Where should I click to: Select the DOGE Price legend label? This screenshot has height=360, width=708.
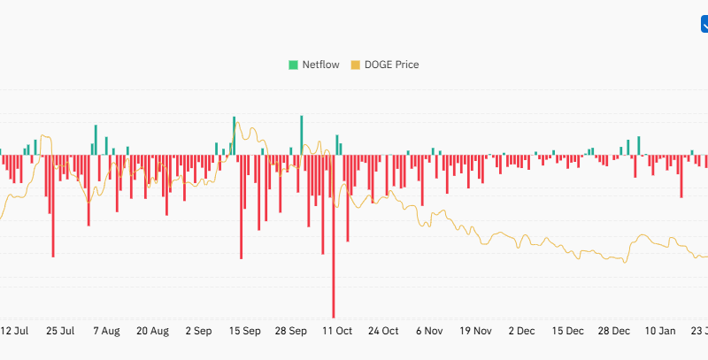392,65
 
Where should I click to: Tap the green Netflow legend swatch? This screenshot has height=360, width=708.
294,65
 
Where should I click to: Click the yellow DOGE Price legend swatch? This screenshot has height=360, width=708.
357,65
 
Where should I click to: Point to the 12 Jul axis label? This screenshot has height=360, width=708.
14,331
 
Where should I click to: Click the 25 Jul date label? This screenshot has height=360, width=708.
60,331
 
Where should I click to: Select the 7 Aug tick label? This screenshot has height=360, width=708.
106,331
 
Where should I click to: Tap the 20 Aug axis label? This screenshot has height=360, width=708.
152,331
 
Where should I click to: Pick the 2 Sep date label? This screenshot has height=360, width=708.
198,331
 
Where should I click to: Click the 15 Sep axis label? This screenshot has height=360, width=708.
245,331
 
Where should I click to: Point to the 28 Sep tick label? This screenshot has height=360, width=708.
291,331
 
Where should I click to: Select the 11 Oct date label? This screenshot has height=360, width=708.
337,331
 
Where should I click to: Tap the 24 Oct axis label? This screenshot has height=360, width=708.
384,331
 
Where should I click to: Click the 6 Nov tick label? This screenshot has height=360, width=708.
429,331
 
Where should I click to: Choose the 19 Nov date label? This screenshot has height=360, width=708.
476,331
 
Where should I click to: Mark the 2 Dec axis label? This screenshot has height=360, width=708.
521,331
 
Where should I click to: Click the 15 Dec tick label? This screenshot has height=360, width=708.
567,331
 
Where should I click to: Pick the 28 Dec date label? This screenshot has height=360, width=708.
614,331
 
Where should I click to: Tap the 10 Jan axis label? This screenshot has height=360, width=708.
660,331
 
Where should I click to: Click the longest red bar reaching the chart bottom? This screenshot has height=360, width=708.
334,265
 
